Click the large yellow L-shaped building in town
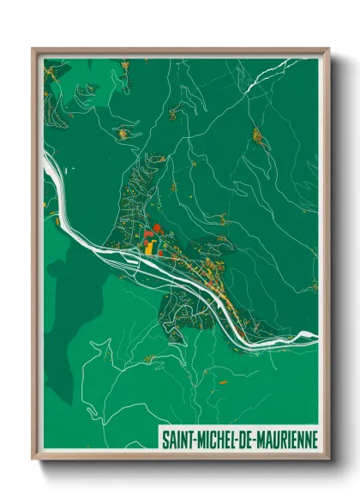point(151,248)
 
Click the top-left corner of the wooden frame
point(33,49)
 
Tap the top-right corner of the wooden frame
point(328,49)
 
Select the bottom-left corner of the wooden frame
point(33,459)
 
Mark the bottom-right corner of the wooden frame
point(328,459)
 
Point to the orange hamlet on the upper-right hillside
point(256,135)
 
